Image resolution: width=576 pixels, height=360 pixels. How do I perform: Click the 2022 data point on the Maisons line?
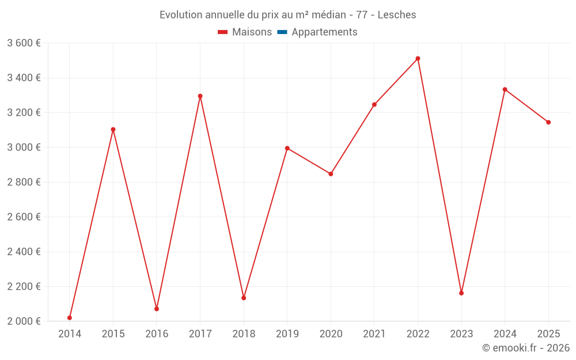[x=418, y=59]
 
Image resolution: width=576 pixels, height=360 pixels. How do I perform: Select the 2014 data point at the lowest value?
[x=70, y=317]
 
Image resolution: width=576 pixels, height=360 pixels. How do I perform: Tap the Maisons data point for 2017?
[x=200, y=96]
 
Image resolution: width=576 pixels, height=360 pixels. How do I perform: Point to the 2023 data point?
[x=461, y=293]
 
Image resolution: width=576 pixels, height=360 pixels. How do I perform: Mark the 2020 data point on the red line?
[x=331, y=174]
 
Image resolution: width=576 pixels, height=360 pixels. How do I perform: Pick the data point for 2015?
[x=113, y=130]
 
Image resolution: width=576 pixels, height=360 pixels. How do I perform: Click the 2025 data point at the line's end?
[x=548, y=122]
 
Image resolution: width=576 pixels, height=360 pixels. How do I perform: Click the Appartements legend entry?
[x=324, y=32]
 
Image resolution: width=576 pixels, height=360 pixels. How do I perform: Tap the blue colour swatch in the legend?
[x=282, y=32]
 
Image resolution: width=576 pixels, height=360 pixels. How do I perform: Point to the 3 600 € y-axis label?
[x=24, y=43]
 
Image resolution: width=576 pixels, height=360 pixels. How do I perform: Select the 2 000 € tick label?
[x=24, y=321]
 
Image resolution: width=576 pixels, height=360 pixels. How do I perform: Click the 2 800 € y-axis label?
[x=24, y=182]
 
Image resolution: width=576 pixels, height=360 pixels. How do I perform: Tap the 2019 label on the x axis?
[x=287, y=334]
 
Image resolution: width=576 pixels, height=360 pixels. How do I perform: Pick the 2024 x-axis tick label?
[x=505, y=334]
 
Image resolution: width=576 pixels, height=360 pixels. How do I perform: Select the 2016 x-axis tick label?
[x=157, y=334]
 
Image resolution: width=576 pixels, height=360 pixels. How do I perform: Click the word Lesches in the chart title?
[x=397, y=15]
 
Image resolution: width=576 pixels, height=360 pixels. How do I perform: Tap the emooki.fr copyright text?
[x=526, y=348]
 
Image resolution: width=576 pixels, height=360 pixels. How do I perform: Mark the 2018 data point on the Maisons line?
[x=244, y=298]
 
